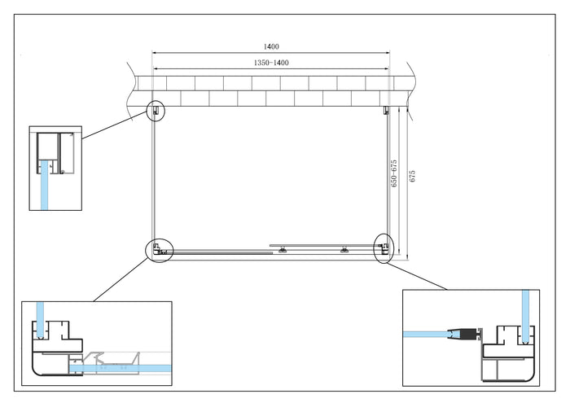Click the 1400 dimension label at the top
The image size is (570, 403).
point(271,47)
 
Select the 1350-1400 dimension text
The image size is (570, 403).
point(271,62)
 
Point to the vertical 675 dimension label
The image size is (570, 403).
point(412,175)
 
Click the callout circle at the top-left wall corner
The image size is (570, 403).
point(155,110)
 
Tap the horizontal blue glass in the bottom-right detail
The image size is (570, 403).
point(427,333)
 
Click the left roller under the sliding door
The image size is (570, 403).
point(282,252)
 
